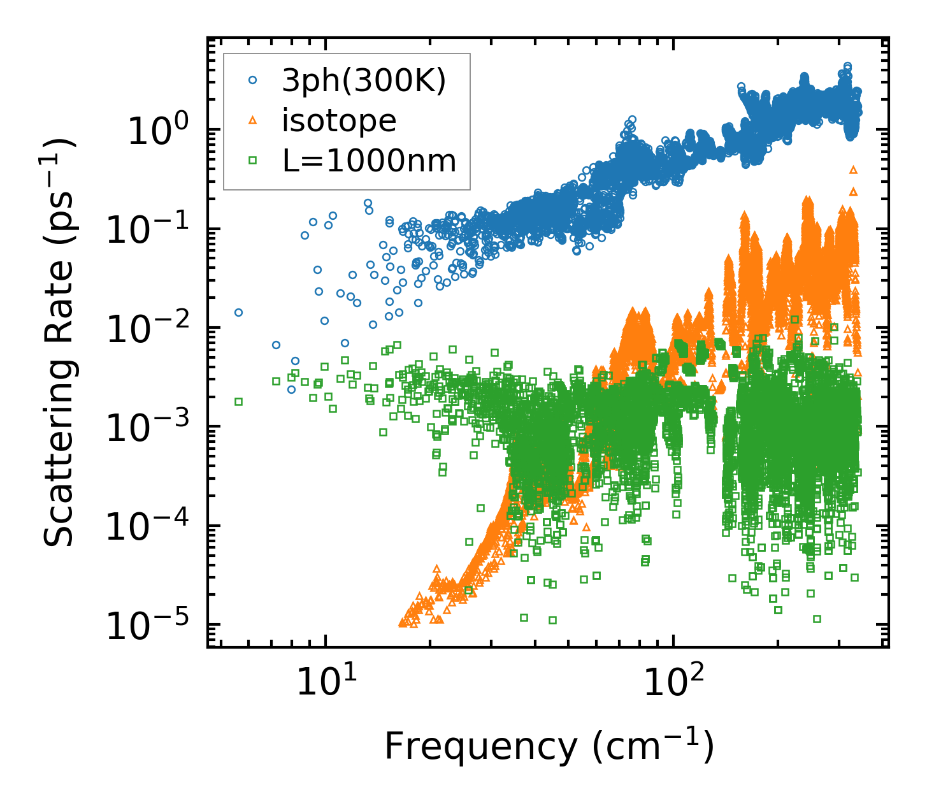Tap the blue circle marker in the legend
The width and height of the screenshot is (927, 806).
click(253, 81)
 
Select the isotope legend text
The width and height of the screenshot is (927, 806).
click(339, 120)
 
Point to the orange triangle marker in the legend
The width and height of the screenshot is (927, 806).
click(253, 120)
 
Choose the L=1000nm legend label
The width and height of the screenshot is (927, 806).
click(370, 161)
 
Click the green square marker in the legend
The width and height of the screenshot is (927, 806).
click(253, 161)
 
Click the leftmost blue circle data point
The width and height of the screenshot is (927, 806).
click(238, 312)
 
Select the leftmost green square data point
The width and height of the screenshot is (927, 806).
click(238, 401)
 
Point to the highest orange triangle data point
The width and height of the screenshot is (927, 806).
click(853, 169)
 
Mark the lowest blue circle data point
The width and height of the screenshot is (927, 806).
click(291, 389)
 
